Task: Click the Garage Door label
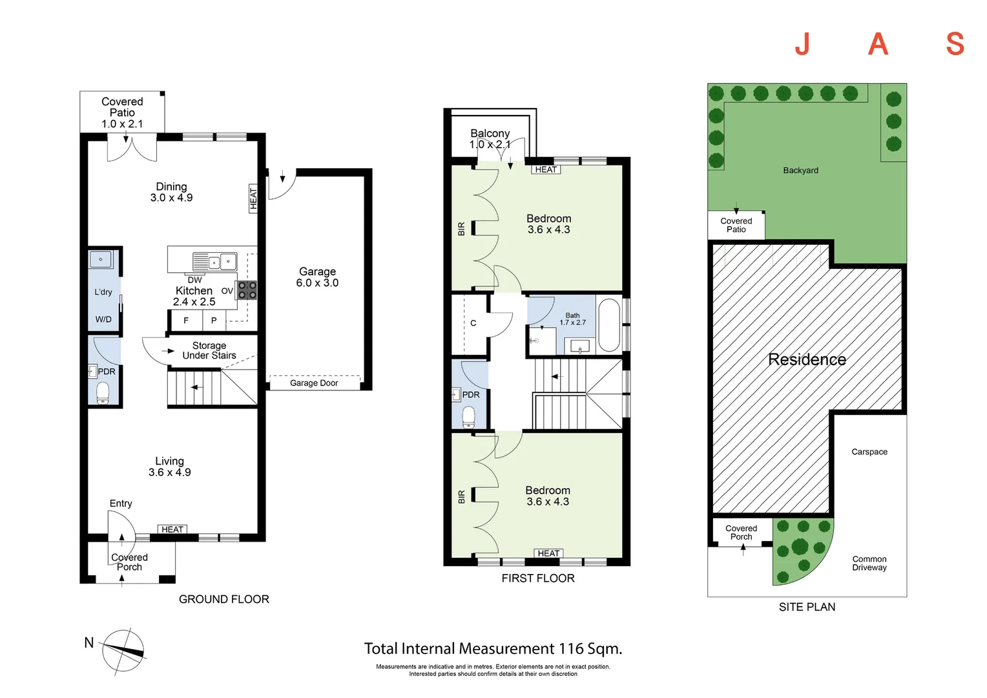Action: (x=314, y=383)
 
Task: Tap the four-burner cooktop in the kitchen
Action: (x=247, y=290)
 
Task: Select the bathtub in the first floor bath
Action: (x=609, y=326)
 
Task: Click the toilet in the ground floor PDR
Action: (x=103, y=393)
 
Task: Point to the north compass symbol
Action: (x=123, y=651)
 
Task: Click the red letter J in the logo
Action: (x=803, y=44)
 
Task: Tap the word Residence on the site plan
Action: (x=807, y=359)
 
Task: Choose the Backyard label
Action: (x=800, y=171)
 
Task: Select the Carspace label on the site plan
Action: (x=869, y=452)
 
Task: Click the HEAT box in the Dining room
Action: (x=253, y=198)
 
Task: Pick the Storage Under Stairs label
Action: (x=209, y=350)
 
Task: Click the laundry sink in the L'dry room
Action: (x=101, y=260)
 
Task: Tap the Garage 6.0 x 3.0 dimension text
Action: (x=317, y=277)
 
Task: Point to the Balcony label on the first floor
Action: (x=490, y=133)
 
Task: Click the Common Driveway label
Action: (x=869, y=564)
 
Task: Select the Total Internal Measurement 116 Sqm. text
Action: (x=493, y=649)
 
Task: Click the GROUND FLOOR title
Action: (x=224, y=599)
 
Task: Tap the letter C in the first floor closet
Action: (x=473, y=323)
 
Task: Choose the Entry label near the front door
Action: (x=121, y=503)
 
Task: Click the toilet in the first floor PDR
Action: (x=468, y=417)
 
